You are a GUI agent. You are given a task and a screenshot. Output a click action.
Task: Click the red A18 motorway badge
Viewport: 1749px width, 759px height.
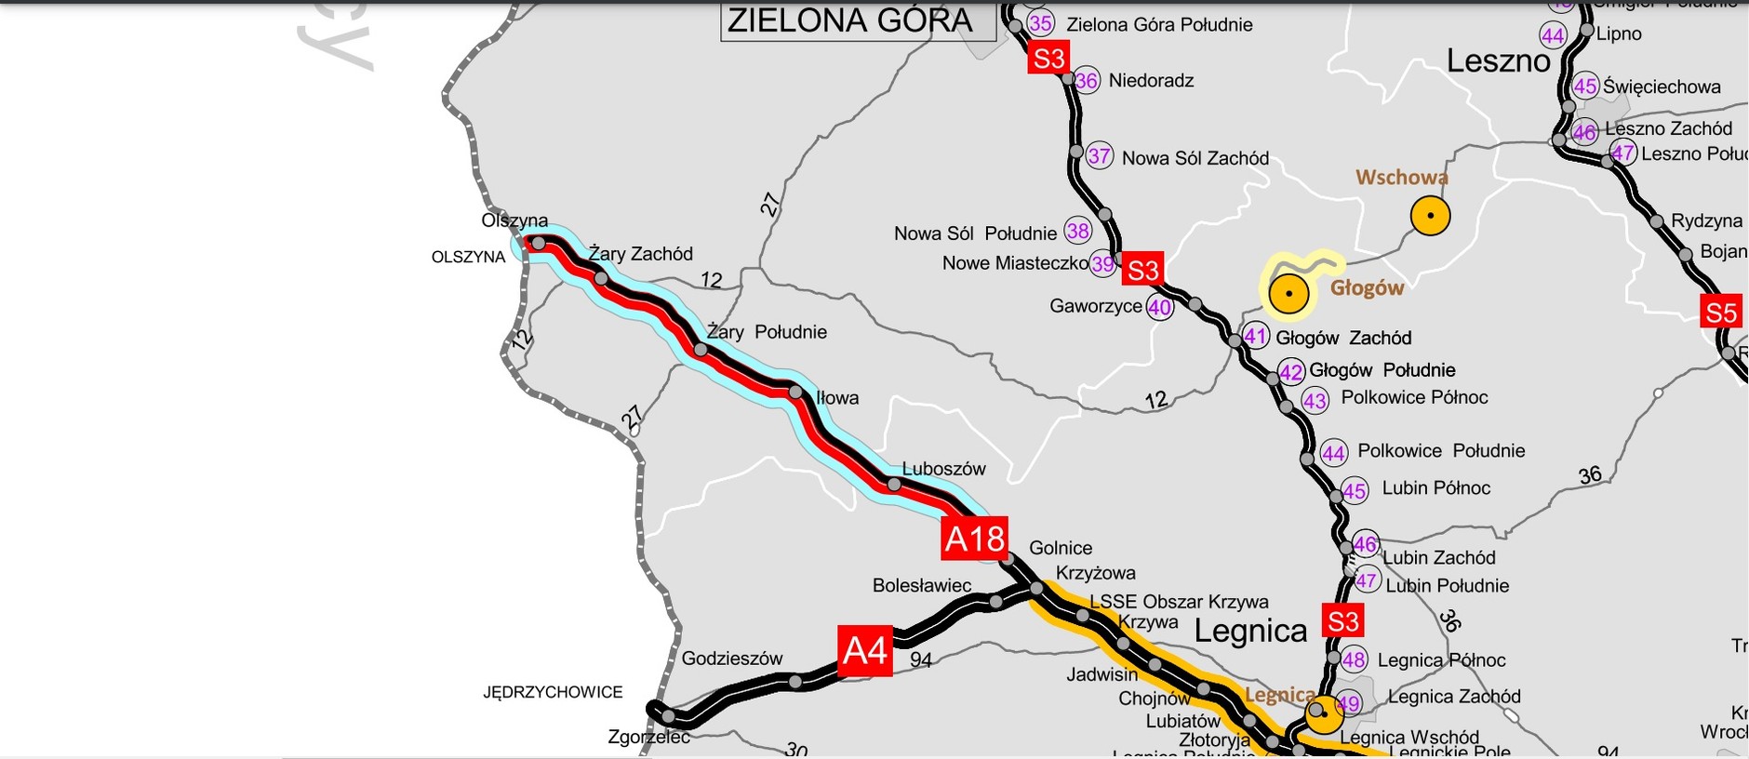tap(974, 539)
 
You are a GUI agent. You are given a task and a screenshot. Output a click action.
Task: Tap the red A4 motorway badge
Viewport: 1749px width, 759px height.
tap(864, 650)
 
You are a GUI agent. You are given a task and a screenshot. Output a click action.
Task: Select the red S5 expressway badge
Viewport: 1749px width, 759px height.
tap(1720, 313)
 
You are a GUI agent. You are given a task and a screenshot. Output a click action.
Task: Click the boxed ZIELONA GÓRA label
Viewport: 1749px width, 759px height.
tap(849, 20)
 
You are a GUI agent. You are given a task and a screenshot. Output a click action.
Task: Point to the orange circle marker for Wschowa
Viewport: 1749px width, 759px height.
tap(1430, 216)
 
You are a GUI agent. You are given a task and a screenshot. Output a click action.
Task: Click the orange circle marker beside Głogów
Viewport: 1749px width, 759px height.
tap(1288, 294)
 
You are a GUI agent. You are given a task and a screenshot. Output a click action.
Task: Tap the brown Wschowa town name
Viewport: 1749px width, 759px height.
tap(1401, 177)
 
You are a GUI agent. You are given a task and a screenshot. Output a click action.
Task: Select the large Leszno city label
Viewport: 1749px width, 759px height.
tap(1498, 61)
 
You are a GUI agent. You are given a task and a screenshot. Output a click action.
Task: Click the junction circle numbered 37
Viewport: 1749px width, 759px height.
tap(1099, 155)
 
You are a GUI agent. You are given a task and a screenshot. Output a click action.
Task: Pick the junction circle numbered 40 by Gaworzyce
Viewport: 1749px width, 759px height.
tap(1159, 307)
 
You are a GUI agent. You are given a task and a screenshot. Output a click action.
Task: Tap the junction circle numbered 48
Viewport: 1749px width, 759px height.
tap(1354, 659)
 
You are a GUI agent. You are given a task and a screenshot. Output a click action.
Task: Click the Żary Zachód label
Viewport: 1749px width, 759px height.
tap(640, 254)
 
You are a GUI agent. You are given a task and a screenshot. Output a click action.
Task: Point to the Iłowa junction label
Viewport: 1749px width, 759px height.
tap(837, 398)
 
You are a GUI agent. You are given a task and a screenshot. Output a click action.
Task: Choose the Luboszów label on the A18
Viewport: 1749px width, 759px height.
tap(943, 469)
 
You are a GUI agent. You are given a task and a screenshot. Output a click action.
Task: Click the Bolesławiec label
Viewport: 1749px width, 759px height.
tap(921, 585)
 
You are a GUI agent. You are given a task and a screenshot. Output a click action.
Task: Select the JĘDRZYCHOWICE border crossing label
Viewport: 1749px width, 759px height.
tap(553, 692)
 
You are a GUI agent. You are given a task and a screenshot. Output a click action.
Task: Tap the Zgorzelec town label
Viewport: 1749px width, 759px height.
tap(648, 737)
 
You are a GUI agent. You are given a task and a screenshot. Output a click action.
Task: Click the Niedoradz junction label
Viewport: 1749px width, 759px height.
tap(1151, 81)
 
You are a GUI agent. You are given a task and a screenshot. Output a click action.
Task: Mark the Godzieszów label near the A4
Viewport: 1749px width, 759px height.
tap(732, 659)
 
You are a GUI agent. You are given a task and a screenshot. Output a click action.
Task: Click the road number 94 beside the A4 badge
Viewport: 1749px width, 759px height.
tap(920, 660)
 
